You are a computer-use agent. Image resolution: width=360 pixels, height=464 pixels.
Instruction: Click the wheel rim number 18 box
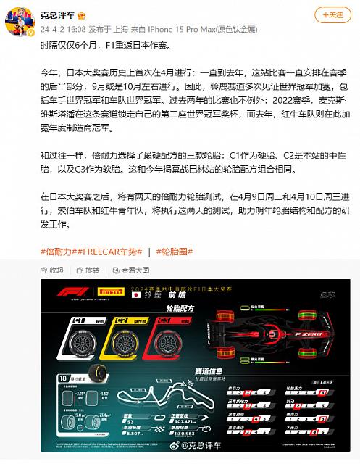(x=64, y=378)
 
